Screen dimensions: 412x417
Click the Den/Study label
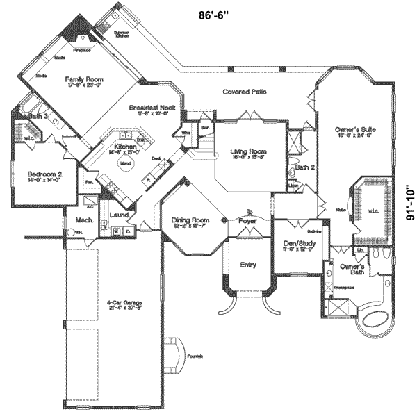point(296,242)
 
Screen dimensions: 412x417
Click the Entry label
point(247,265)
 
